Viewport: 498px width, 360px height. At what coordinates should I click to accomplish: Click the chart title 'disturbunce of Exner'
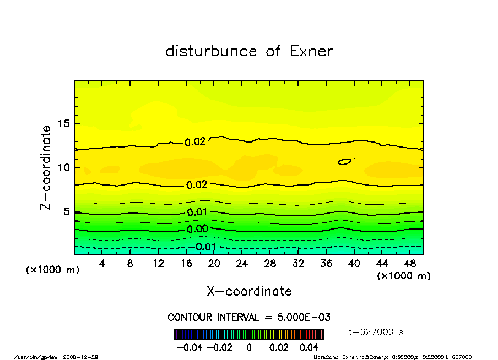click(249, 51)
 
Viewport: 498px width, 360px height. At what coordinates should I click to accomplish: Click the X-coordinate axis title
click(249, 291)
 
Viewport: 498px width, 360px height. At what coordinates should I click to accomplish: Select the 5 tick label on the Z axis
click(67, 211)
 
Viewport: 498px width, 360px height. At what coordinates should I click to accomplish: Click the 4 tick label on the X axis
click(102, 264)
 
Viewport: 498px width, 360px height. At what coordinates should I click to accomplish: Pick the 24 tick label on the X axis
click(242, 264)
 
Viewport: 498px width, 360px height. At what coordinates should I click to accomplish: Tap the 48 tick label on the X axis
click(409, 264)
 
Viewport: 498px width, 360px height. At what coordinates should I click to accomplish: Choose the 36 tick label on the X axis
click(326, 264)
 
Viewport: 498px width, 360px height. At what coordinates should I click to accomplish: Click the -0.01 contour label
click(203, 247)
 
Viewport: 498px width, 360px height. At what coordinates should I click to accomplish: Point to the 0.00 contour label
click(197, 229)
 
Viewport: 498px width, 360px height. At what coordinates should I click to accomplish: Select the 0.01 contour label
click(197, 212)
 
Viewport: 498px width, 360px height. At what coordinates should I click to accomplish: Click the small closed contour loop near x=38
click(345, 162)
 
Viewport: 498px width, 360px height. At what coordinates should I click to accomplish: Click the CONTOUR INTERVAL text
click(249, 318)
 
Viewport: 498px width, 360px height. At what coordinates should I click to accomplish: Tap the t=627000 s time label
click(376, 332)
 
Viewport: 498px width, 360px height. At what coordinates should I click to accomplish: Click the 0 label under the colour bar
click(249, 347)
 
